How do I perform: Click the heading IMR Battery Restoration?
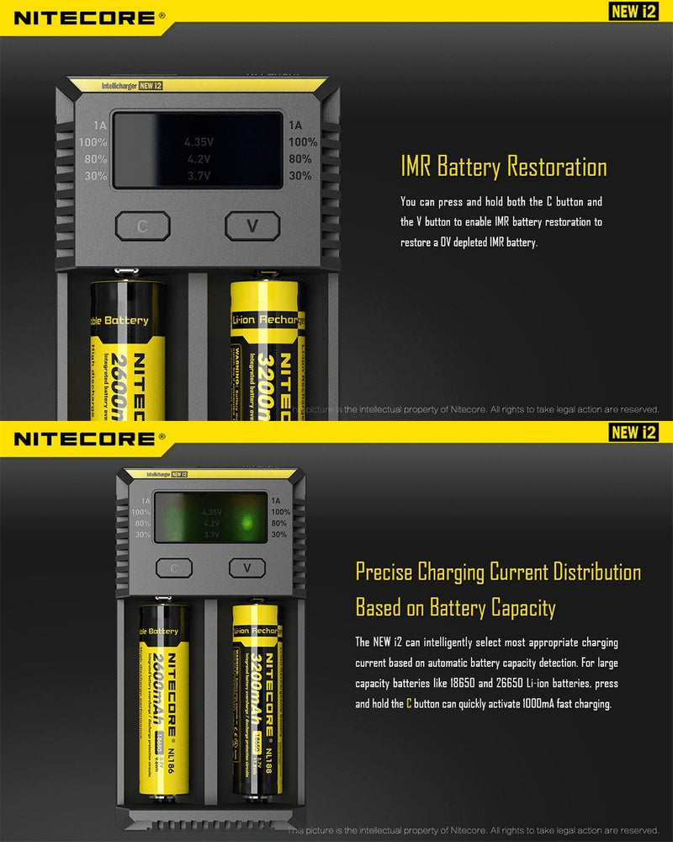(503, 167)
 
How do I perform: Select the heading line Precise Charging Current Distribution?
(497, 573)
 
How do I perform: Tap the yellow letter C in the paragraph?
(410, 704)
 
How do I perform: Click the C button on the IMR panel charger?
(142, 226)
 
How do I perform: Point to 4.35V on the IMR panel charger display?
(199, 142)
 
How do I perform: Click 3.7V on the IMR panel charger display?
(199, 175)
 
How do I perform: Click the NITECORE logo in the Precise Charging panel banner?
(84, 439)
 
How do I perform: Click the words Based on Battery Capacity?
(455, 607)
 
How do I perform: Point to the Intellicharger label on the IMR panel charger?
(119, 86)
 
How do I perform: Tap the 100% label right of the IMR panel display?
(302, 142)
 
